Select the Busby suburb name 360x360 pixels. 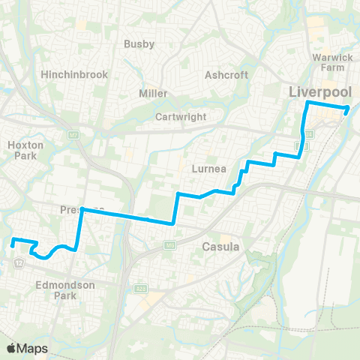[x=139, y=44]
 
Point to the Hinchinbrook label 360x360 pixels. [x=75, y=75]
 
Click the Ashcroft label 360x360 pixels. [x=221, y=75]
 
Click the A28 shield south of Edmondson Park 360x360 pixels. [x=141, y=288]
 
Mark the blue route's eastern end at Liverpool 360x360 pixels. [x=347, y=109]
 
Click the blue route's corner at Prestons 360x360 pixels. [x=82, y=211]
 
